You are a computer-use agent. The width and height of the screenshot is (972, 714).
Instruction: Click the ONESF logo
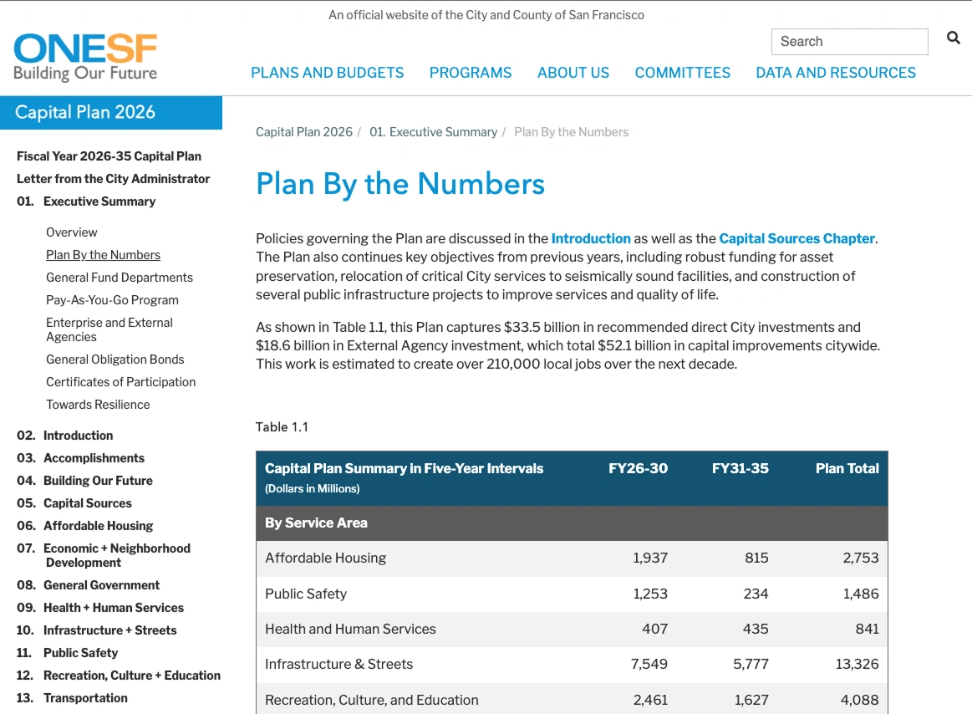[x=85, y=57]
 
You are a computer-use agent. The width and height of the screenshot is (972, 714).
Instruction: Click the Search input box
[x=849, y=42]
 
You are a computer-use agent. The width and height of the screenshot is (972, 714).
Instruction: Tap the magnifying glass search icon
[x=953, y=38]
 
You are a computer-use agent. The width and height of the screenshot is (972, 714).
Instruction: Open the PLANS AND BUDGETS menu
[x=327, y=73]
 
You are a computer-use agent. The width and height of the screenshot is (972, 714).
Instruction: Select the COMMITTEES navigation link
[x=682, y=73]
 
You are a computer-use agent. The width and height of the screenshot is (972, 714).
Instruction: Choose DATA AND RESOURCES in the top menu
[x=835, y=73]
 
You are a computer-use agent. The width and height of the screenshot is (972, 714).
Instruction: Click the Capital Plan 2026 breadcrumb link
[x=304, y=132]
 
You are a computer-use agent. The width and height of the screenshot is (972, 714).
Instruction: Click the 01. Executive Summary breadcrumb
[x=433, y=132]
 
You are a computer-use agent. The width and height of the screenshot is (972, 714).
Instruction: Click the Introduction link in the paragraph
[x=591, y=238]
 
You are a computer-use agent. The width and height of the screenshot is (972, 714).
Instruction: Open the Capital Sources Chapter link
[x=796, y=238]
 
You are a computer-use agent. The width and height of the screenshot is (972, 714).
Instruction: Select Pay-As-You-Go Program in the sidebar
[x=112, y=300]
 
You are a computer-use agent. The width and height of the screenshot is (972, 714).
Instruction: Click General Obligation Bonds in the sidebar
[x=115, y=360]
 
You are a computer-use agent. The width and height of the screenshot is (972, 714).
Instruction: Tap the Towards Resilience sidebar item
[x=98, y=405]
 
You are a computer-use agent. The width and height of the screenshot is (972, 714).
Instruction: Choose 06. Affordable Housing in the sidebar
[x=98, y=526]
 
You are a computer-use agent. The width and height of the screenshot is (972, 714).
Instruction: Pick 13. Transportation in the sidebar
[x=85, y=698]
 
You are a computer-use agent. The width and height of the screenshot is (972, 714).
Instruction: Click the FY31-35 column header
[x=740, y=468]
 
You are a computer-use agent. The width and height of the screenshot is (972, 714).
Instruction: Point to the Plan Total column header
[x=847, y=468]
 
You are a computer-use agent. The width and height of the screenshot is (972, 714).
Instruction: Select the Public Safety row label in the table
[x=306, y=594]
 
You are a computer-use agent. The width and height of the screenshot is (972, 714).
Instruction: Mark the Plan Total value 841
[x=867, y=629]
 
